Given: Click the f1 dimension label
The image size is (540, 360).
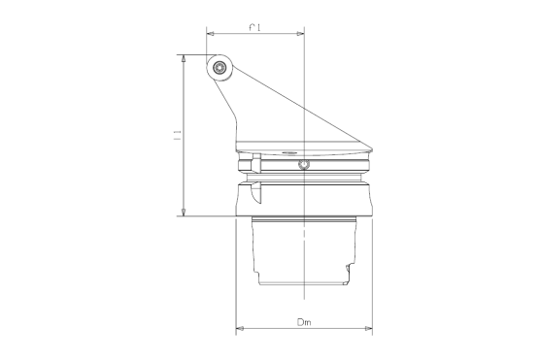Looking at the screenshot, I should point(253,28).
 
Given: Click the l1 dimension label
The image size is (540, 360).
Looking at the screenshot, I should point(177,135).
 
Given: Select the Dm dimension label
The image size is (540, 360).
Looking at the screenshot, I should point(304,321).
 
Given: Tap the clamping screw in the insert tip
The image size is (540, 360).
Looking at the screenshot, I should point(220,69).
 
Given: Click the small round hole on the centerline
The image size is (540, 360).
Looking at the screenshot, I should point(305,166).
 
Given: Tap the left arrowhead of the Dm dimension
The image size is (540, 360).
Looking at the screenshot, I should point(240,329).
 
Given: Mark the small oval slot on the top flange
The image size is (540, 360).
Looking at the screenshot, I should point(287,152).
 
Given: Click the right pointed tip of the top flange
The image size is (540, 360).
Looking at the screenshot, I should point(376,150).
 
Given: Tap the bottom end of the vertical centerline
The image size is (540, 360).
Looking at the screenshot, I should point(305,294).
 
